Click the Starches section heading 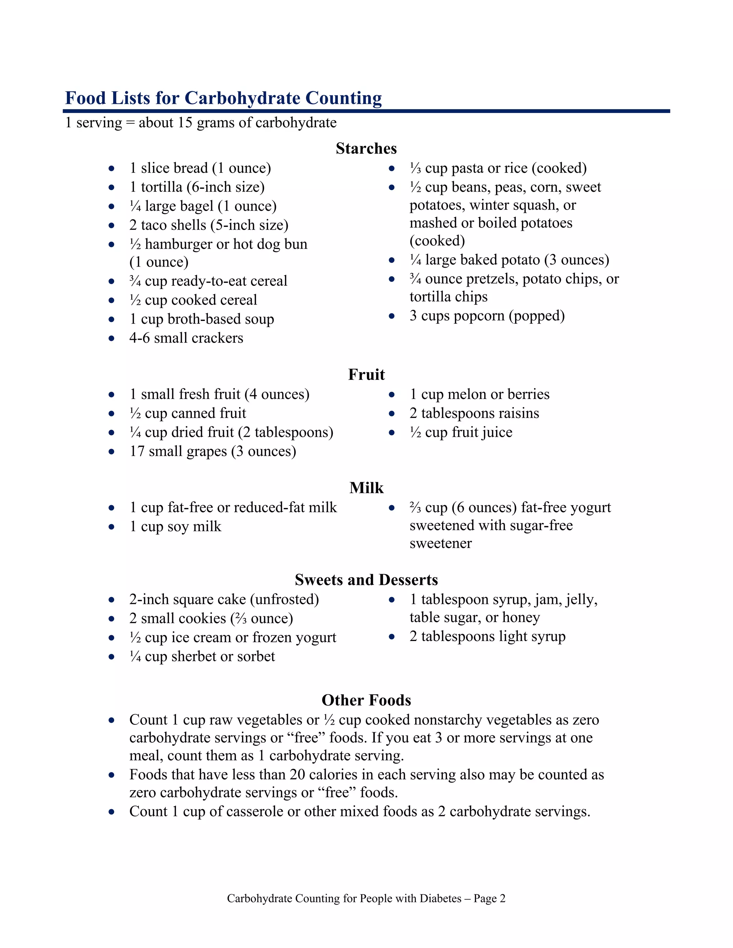(366, 148)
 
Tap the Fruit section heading (366, 375)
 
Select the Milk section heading (366, 488)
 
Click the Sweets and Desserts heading (366, 580)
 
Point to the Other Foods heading (366, 700)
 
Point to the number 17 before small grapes (137, 451)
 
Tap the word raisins (518, 413)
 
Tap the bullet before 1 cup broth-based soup (112, 319)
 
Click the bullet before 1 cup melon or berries (392, 395)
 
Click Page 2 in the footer (489, 899)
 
